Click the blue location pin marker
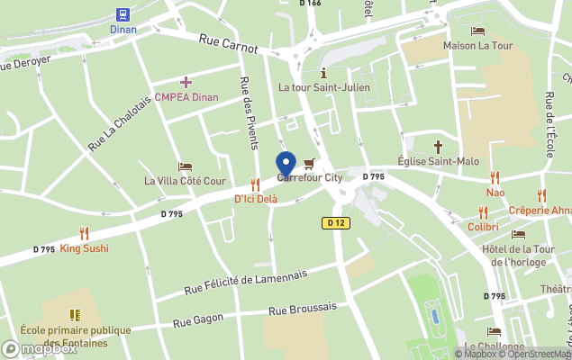coord(286,165)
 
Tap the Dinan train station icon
coord(123,14)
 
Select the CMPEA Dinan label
coord(186,97)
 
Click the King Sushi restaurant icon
coord(84,233)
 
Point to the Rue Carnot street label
coord(228,43)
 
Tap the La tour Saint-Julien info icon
coord(322,73)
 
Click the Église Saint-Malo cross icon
coord(439,146)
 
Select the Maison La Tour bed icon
coord(477,31)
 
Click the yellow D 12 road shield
coord(335,221)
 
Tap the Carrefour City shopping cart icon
coord(310,164)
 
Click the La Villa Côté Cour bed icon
coord(185,166)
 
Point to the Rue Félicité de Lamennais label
coord(245,282)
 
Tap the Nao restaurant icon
coord(495,178)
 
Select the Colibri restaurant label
coord(482,227)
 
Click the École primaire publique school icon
coord(75,314)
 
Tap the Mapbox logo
coord(39,348)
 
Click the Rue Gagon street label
coord(196,320)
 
